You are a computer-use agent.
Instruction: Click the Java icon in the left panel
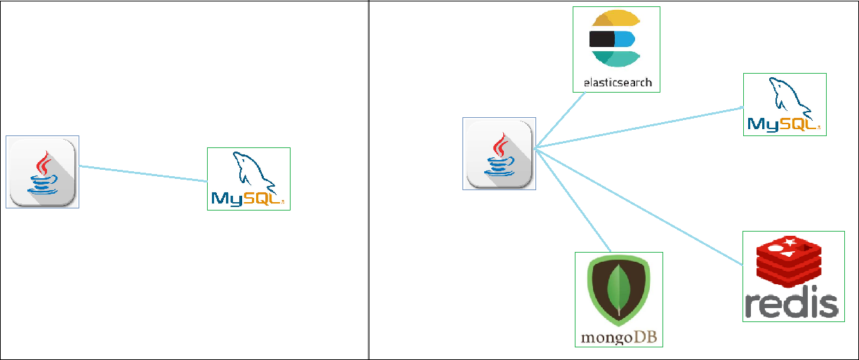pyautogui.click(x=42, y=172)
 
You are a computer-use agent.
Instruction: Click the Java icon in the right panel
pyautogui.click(x=500, y=154)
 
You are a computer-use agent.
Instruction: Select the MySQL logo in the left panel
pyautogui.click(x=248, y=179)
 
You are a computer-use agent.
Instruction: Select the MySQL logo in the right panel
pyautogui.click(x=785, y=105)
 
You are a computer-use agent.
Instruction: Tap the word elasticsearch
pyautogui.click(x=618, y=83)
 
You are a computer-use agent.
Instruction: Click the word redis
pyautogui.click(x=792, y=305)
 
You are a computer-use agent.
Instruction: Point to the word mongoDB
pyautogui.click(x=618, y=337)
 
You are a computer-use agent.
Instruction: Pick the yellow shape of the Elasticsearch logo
pyautogui.click(x=616, y=20)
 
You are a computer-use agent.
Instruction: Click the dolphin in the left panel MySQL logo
pyautogui.click(x=250, y=168)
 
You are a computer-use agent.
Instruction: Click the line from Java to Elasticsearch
pyautogui.click(x=561, y=120)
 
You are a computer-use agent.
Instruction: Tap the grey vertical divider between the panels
pyautogui.click(x=368, y=180)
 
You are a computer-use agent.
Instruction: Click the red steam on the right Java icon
pyautogui.click(x=500, y=145)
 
